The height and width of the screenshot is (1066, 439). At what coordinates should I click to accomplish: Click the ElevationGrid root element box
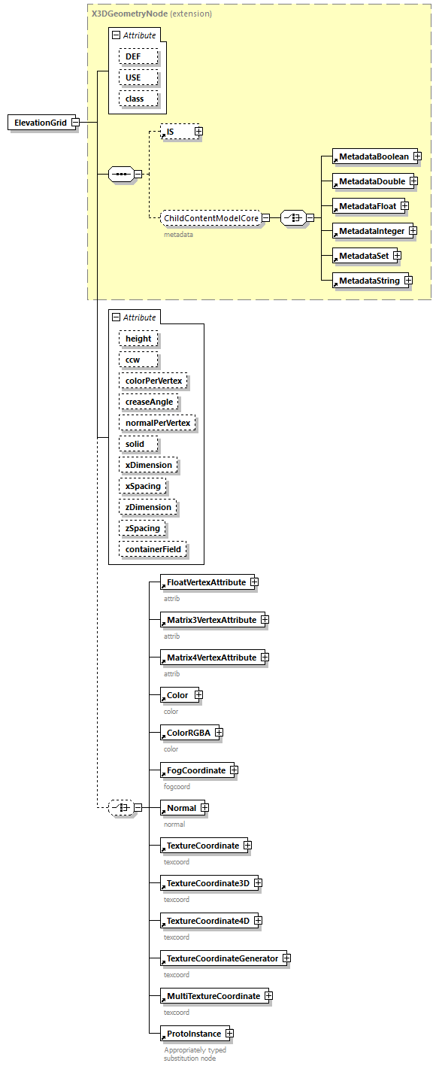click(x=41, y=123)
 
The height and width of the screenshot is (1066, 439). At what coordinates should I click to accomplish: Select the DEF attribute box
click(x=138, y=56)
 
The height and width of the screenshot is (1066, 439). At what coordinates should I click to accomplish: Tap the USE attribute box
click(x=138, y=77)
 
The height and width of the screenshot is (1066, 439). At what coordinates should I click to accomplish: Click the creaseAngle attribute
click(x=148, y=402)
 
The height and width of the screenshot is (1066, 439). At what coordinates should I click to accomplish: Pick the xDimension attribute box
click(x=148, y=465)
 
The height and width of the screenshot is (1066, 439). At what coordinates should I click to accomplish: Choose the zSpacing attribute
click(x=142, y=528)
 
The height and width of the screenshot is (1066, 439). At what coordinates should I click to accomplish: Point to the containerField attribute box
click(x=152, y=549)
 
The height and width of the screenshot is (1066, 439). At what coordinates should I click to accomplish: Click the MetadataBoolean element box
click(x=373, y=156)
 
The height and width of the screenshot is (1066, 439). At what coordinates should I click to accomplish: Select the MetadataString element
click(x=368, y=281)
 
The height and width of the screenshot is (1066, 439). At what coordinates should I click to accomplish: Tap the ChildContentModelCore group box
click(x=211, y=218)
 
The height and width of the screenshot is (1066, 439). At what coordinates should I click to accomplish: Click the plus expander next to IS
click(x=198, y=132)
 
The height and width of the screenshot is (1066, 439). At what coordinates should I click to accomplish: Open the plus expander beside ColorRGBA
click(x=219, y=733)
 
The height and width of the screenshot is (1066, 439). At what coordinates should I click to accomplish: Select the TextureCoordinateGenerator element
click(x=222, y=958)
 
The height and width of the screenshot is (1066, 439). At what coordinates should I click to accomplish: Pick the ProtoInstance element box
click(x=193, y=1034)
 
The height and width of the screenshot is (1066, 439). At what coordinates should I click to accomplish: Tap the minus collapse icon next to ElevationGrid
click(x=76, y=123)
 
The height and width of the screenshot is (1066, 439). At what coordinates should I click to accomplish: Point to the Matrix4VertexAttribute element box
click(x=211, y=658)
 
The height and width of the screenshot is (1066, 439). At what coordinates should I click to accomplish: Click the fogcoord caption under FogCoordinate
click(x=177, y=787)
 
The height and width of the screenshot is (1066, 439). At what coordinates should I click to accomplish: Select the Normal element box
click(x=180, y=808)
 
